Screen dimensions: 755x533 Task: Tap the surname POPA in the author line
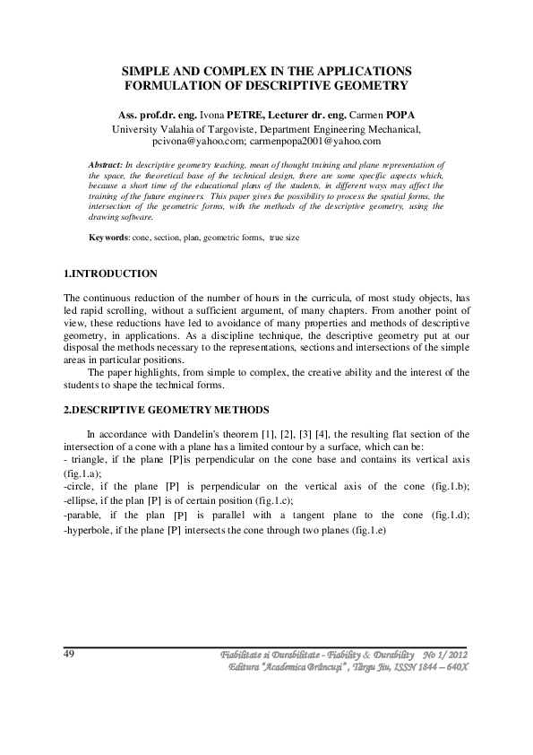click(399, 115)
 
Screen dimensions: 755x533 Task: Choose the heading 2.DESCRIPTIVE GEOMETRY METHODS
click(167, 410)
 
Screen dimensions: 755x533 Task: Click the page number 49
click(69, 654)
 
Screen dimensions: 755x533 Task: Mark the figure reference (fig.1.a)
click(82, 472)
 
